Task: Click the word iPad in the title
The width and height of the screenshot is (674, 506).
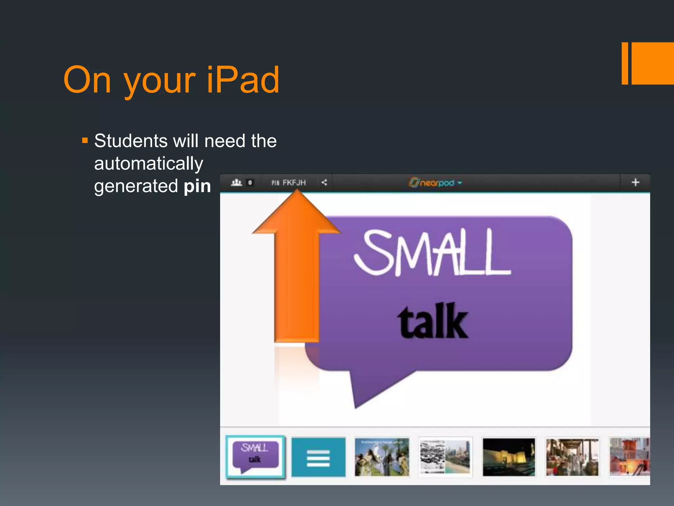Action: coord(243,79)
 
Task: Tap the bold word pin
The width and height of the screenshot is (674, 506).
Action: coord(197,186)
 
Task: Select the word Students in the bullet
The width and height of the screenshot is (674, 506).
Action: coord(131,141)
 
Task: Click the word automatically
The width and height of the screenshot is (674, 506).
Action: coord(148,163)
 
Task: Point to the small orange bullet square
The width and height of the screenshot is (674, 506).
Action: coord(85,141)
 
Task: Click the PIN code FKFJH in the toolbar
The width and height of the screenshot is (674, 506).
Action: coord(294,183)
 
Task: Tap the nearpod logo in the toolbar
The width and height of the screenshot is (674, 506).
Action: coord(435,183)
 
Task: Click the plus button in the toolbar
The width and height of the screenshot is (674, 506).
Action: coord(635,182)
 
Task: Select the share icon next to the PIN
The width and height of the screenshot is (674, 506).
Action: coord(324,183)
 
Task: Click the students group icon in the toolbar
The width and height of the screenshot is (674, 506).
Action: coord(236,182)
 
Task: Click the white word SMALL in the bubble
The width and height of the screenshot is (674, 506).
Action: coord(432,253)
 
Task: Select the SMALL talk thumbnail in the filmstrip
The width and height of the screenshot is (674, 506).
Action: coord(255,456)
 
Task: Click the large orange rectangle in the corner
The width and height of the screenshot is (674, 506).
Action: coord(652,63)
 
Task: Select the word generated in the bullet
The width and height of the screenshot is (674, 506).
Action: coord(136,186)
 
